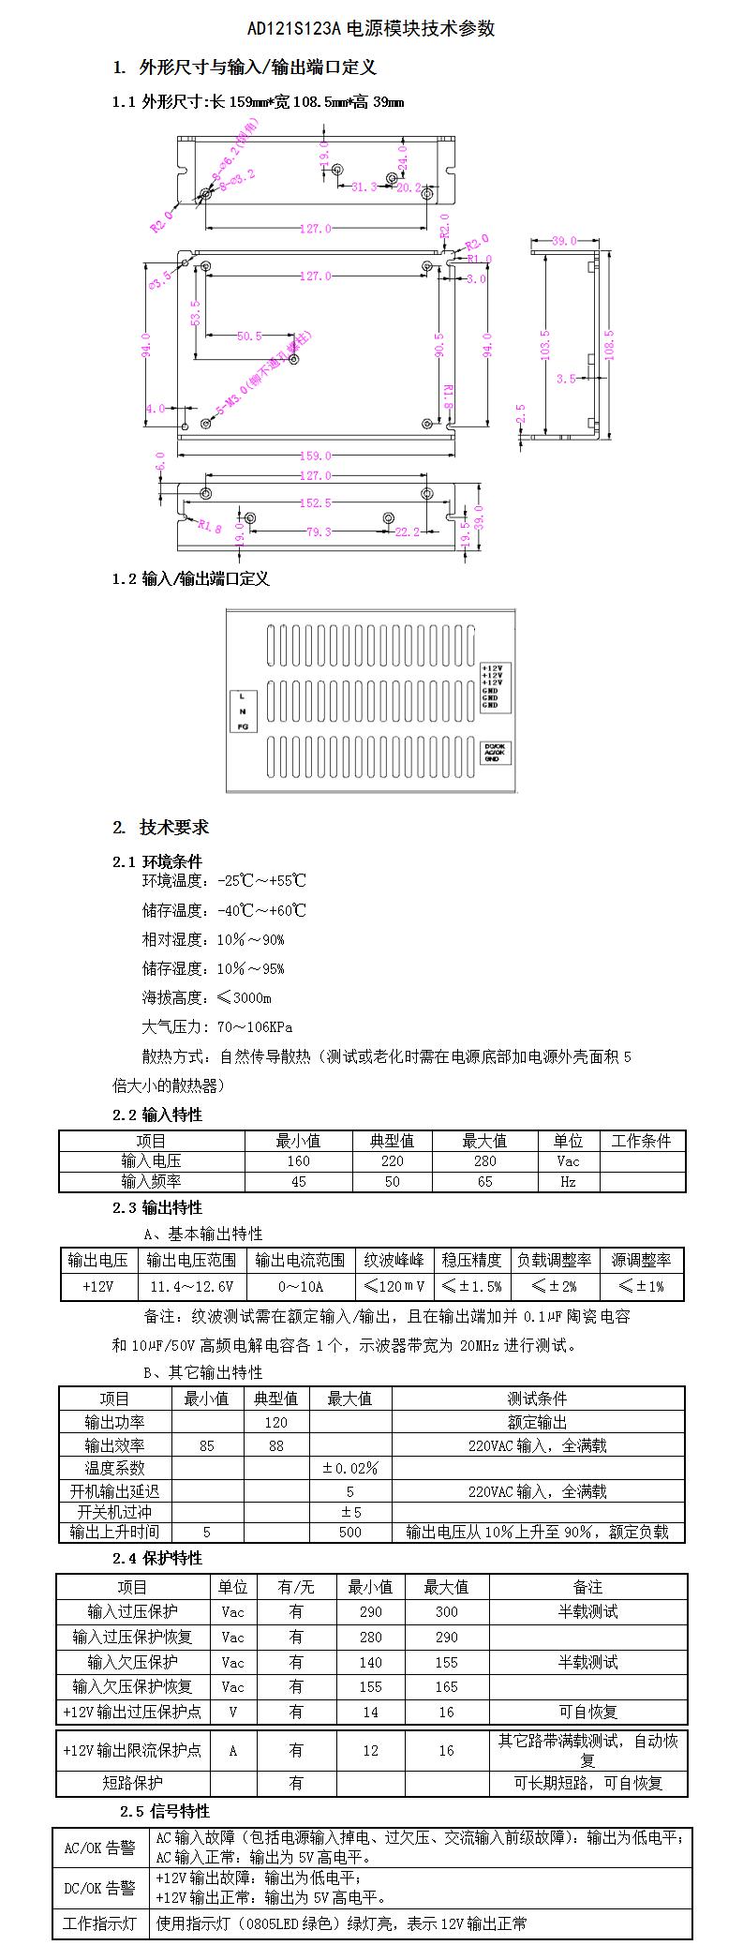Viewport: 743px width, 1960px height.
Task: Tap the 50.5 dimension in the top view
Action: [x=249, y=337]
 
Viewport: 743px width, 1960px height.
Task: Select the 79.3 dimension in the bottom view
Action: [x=319, y=532]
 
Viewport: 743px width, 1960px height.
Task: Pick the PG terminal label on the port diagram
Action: [x=243, y=726]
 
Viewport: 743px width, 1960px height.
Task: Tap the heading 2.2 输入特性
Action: [x=157, y=1115]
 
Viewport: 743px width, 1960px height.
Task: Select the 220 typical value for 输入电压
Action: [x=392, y=1161]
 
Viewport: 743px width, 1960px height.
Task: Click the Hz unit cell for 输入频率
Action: [x=568, y=1182]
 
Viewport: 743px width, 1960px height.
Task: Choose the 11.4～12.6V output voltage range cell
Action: [x=192, y=1287]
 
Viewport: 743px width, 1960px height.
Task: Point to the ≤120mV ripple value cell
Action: [x=394, y=1287]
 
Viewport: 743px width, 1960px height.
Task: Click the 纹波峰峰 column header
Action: [x=394, y=1260]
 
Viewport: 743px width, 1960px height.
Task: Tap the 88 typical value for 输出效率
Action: [x=275, y=1445]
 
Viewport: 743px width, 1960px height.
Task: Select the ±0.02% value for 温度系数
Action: [x=349, y=1468]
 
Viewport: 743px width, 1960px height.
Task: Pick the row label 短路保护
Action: [x=132, y=1783]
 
